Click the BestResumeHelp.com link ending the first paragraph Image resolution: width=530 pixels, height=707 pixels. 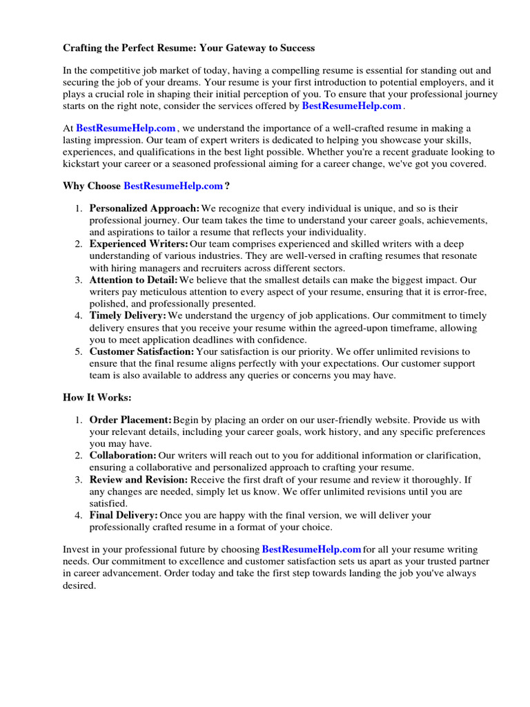351,106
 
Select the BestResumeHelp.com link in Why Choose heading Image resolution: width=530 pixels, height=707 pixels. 173,186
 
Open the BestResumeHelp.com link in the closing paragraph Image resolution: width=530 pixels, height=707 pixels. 312,550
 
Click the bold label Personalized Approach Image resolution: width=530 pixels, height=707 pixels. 144,209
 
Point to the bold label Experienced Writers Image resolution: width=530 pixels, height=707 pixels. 139,244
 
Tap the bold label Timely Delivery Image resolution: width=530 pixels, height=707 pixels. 128,316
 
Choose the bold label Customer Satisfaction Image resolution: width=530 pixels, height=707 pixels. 142,352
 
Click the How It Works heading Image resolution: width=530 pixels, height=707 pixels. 97,398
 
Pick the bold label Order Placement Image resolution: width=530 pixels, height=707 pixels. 130,420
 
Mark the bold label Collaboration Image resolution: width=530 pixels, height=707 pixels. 123,456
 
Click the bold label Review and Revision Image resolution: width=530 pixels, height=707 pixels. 138,479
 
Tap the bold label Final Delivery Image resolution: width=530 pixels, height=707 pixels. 124,515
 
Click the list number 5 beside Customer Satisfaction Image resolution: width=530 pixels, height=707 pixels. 79,352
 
